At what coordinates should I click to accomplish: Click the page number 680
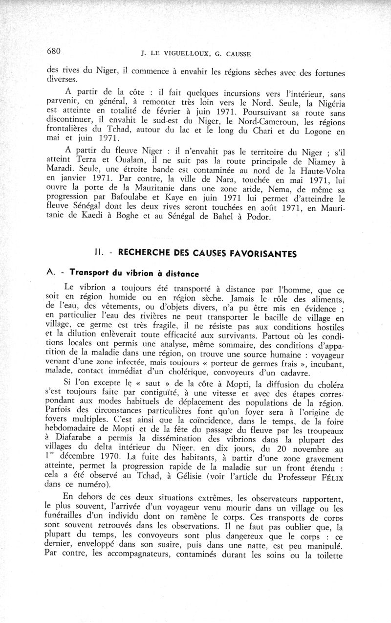[53, 51]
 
